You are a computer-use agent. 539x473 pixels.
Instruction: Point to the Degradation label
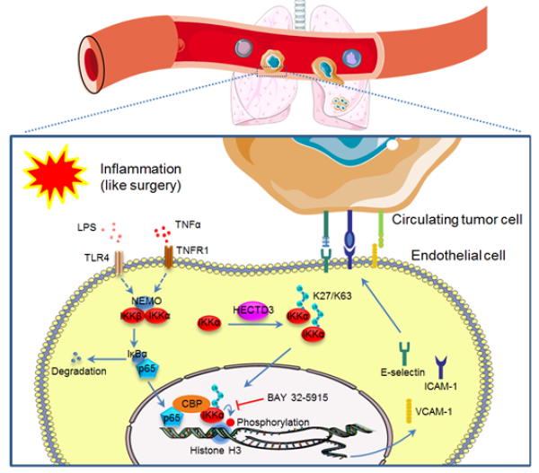coord(78,372)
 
